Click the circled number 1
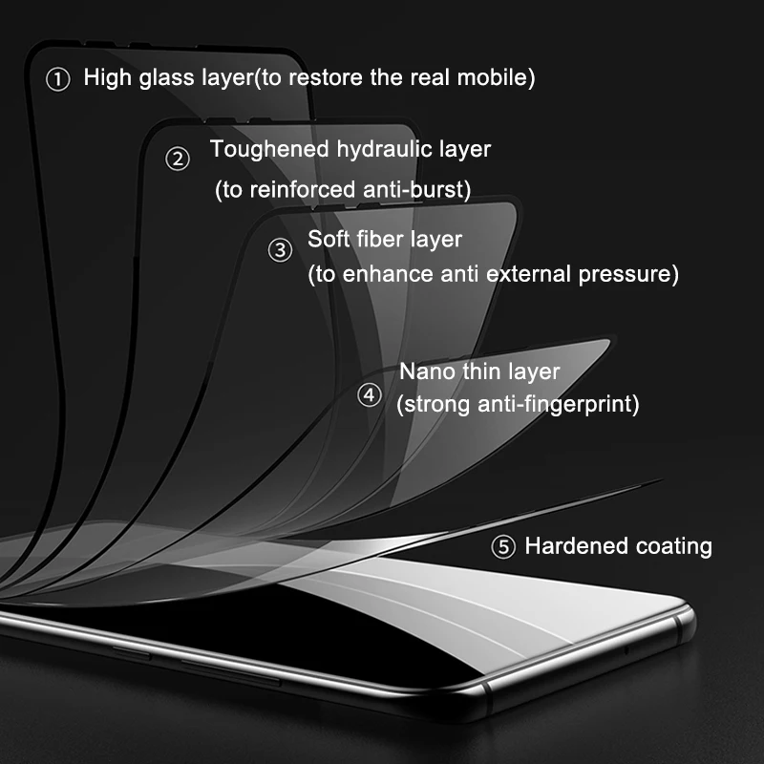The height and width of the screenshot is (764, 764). coord(58,80)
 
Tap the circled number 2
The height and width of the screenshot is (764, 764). coord(178,159)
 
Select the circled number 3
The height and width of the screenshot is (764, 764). coord(281,250)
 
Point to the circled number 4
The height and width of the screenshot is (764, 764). coord(370,394)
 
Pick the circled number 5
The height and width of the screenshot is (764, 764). coord(503,547)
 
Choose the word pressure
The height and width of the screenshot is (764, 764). coord(629,275)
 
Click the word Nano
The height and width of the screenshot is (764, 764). coord(427,371)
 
